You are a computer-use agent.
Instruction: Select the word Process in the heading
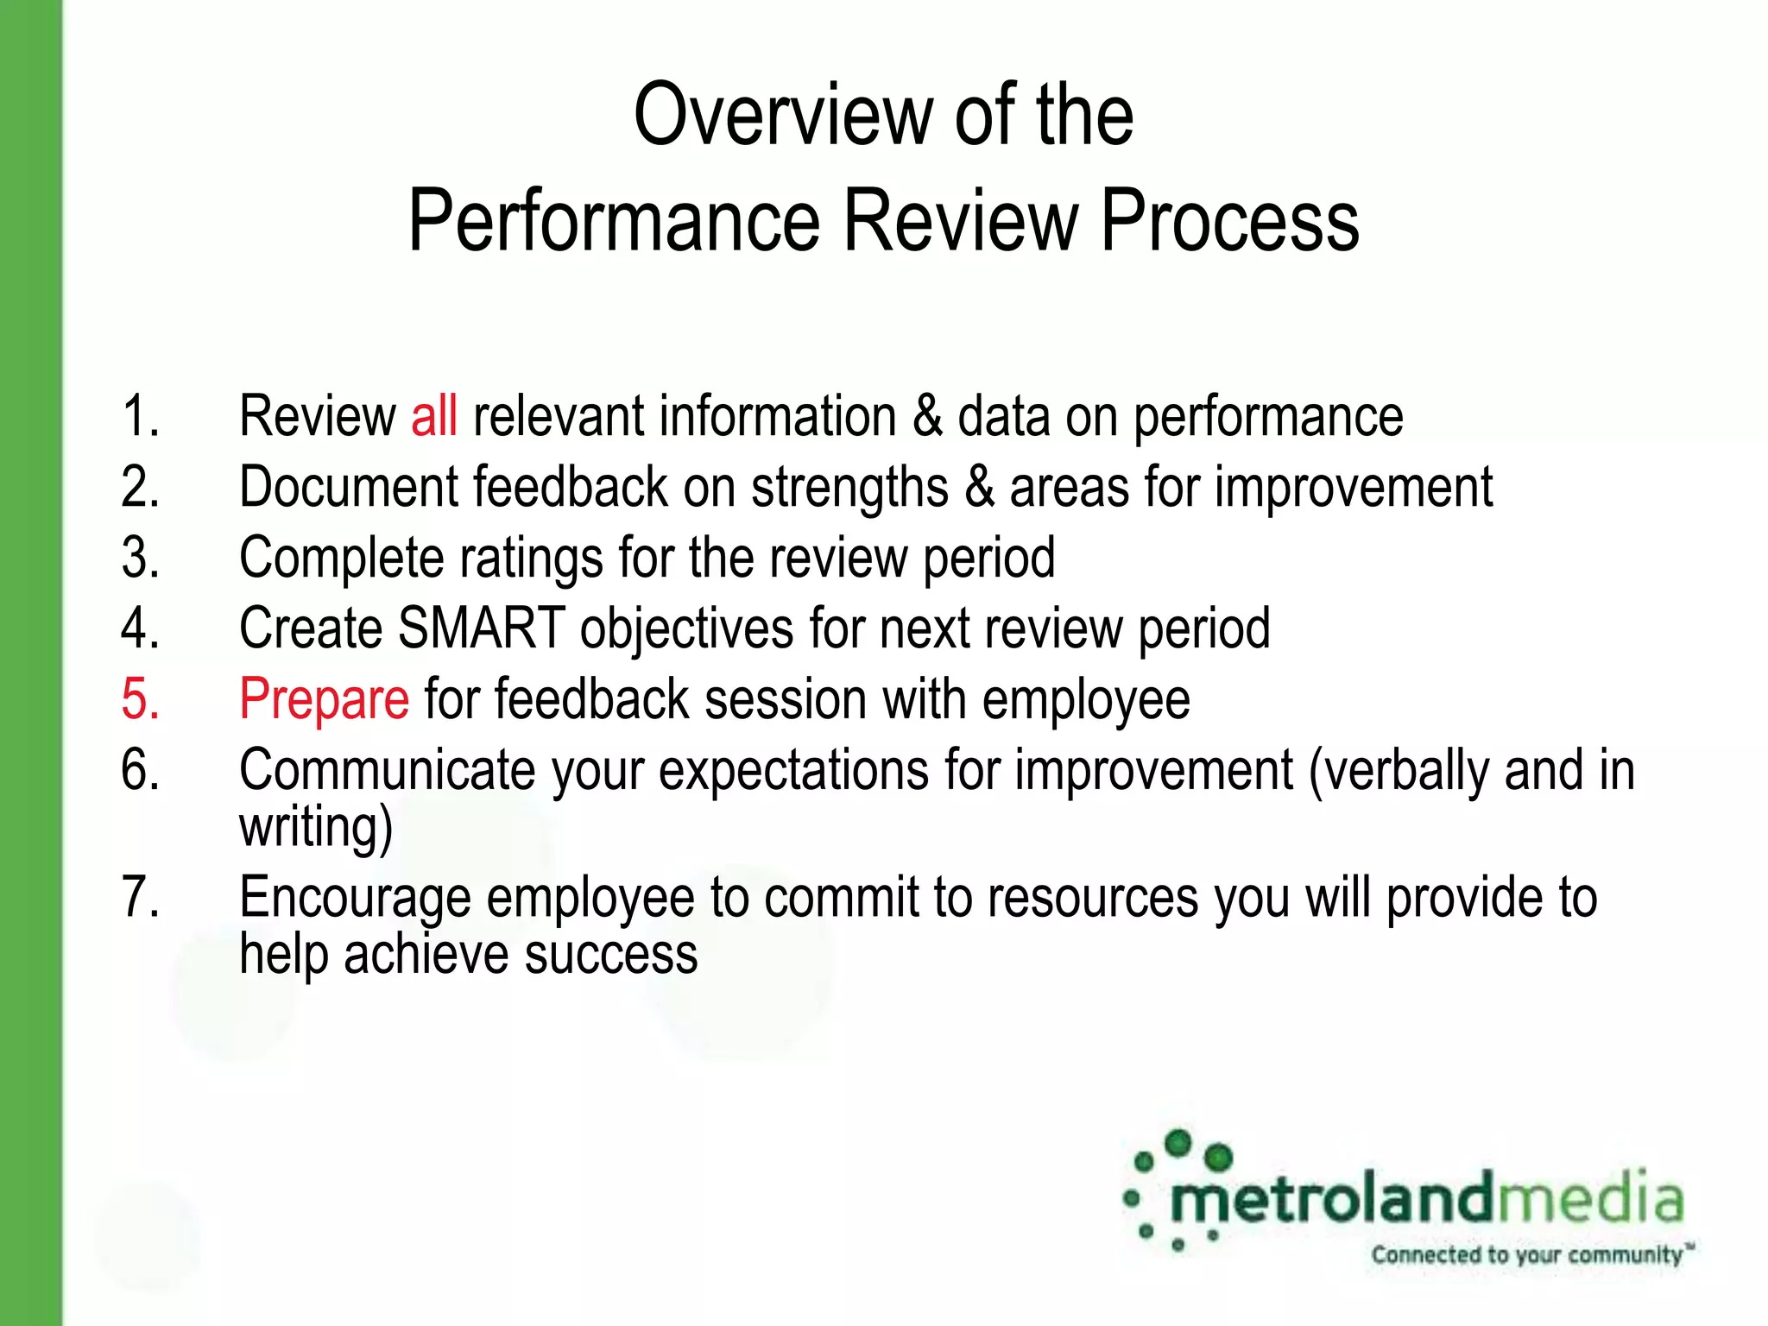pos(1229,222)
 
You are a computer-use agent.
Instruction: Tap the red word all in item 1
pos(433,416)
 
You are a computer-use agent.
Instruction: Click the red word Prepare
pos(324,699)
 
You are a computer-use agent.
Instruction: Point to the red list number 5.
pos(141,699)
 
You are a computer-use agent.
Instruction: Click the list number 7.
pos(141,898)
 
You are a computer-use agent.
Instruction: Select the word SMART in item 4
pos(481,628)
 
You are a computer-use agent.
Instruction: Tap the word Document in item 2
pos(348,488)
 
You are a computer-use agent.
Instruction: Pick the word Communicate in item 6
pos(388,770)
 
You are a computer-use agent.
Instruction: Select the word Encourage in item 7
pos(355,898)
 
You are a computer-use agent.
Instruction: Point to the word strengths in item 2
pos(849,488)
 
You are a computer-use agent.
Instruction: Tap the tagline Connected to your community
pos(1528,1254)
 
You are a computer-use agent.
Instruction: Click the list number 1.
pos(141,416)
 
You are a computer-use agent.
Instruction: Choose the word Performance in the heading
pos(613,222)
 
